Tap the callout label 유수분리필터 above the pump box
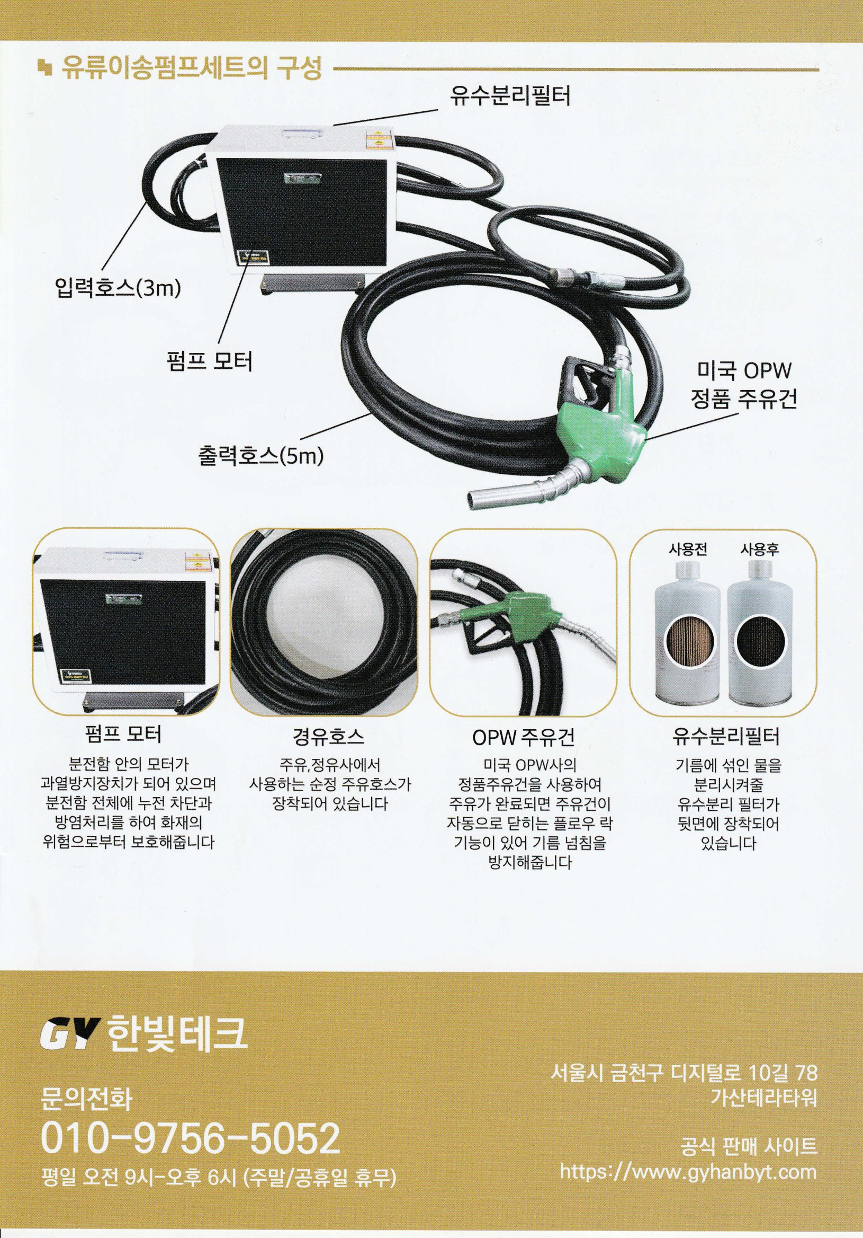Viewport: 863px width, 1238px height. (x=510, y=96)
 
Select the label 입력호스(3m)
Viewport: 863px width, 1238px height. (x=118, y=288)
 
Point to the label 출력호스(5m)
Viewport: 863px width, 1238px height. (x=260, y=456)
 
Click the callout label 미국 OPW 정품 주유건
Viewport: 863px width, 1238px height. (x=743, y=385)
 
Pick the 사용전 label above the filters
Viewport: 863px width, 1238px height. (x=687, y=550)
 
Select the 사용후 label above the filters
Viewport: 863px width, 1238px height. (x=760, y=550)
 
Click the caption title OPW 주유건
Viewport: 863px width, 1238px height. (x=524, y=737)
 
